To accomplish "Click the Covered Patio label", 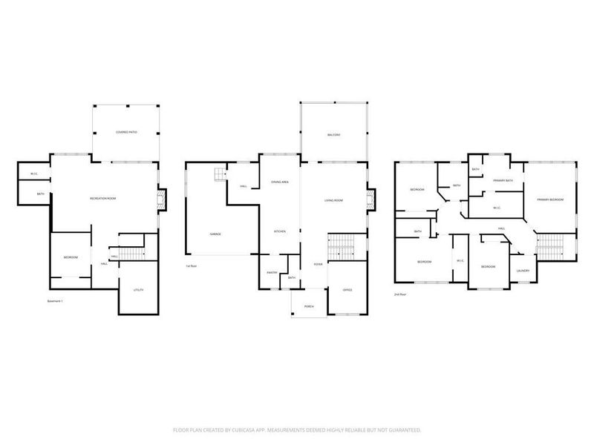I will [x=125, y=132].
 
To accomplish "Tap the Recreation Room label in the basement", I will [x=103, y=199].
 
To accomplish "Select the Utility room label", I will [x=138, y=289].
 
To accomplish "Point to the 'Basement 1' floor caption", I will [x=56, y=301].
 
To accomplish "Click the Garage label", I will [x=215, y=234].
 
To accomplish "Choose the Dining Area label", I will [x=280, y=182].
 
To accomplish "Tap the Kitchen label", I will [x=280, y=231].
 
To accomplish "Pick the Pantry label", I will [x=272, y=273].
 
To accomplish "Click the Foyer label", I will [x=317, y=264].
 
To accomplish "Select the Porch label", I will [x=308, y=307].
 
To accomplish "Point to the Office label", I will [x=347, y=289].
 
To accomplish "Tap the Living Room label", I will [x=333, y=200].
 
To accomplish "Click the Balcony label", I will [x=333, y=134].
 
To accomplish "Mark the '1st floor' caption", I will [x=191, y=266].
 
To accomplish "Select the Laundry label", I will [x=523, y=271].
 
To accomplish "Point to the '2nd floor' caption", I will [x=402, y=294].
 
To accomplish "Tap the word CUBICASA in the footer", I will [x=296, y=429].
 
